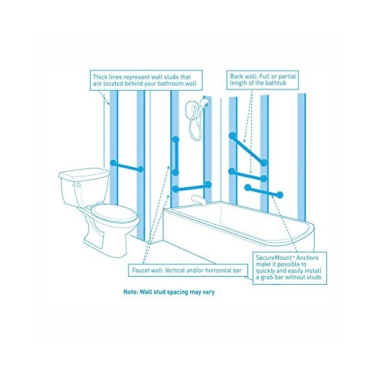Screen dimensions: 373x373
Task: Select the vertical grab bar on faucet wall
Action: (175, 155)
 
